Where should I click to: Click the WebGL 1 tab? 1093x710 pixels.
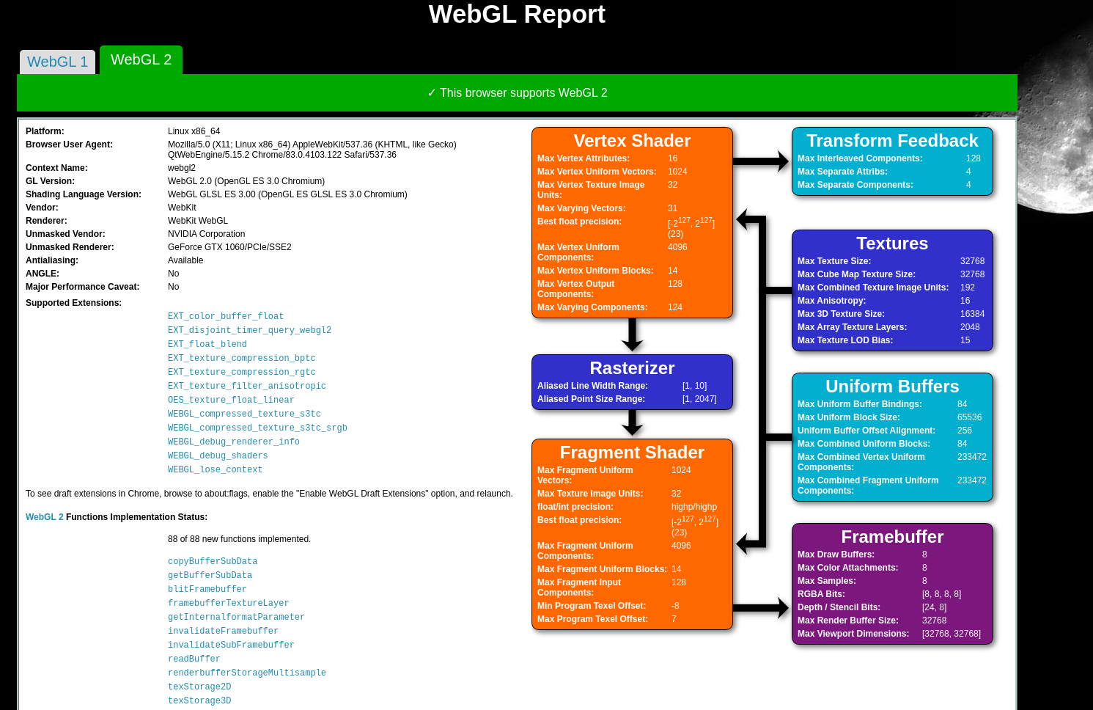tap(57, 62)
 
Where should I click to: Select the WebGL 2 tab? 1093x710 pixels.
tap(141, 60)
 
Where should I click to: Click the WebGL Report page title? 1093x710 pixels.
tap(517, 15)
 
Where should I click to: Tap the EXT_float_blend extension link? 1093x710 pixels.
tap(207, 344)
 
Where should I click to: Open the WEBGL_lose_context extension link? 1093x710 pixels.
tap(215, 469)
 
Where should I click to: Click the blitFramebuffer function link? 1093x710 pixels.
tap(207, 589)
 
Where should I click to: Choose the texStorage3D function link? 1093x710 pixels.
tap(199, 700)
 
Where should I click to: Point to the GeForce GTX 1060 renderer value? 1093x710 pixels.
tap(229, 247)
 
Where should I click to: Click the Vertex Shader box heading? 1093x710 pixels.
tap(632, 141)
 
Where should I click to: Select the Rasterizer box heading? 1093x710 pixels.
tap(632, 368)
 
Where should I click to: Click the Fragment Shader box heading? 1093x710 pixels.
tap(632, 453)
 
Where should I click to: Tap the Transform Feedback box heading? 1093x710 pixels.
tap(892, 141)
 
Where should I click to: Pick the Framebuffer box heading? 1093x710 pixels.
tap(892, 537)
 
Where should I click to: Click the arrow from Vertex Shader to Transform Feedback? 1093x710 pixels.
tap(761, 161)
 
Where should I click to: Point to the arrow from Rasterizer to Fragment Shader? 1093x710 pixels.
tap(632, 423)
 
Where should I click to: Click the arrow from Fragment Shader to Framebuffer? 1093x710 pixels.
tap(761, 607)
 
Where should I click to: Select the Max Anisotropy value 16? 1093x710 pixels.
tap(965, 301)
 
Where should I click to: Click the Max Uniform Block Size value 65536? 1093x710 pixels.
tap(969, 417)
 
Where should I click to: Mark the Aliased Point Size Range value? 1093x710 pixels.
tap(699, 399)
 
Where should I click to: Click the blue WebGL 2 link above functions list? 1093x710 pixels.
tap(45, 517)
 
